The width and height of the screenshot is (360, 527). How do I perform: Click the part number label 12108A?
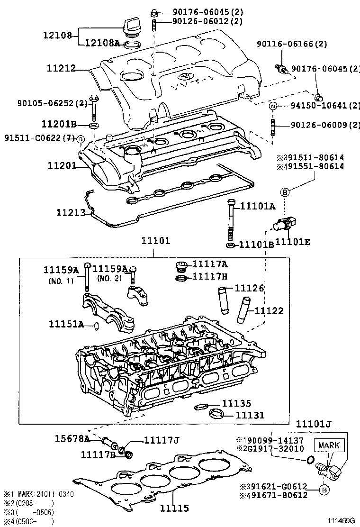[x=102, y=43]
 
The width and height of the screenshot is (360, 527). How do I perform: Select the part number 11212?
[x=61, y=69]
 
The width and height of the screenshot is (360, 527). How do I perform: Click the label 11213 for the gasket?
[x=71, y=212]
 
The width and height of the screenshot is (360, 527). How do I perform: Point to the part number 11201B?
[x=59, y=125]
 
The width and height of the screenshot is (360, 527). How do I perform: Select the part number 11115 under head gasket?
[x=174, y=508]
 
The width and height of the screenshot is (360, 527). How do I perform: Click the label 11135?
[x=236, y=403]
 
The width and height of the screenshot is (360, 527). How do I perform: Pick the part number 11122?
[x=269, y=311]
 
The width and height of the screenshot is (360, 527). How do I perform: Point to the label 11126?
[x=250, y=289]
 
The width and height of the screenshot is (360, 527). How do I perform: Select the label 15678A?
[x=71, y=438]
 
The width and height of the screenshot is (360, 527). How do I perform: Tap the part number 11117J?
[x=161, y=441]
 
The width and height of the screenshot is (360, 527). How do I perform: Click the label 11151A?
[x=66, y=324]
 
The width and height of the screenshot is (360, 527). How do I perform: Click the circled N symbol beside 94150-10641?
[x=272, y=106]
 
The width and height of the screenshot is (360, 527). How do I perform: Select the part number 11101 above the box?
[x=155, y=241]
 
